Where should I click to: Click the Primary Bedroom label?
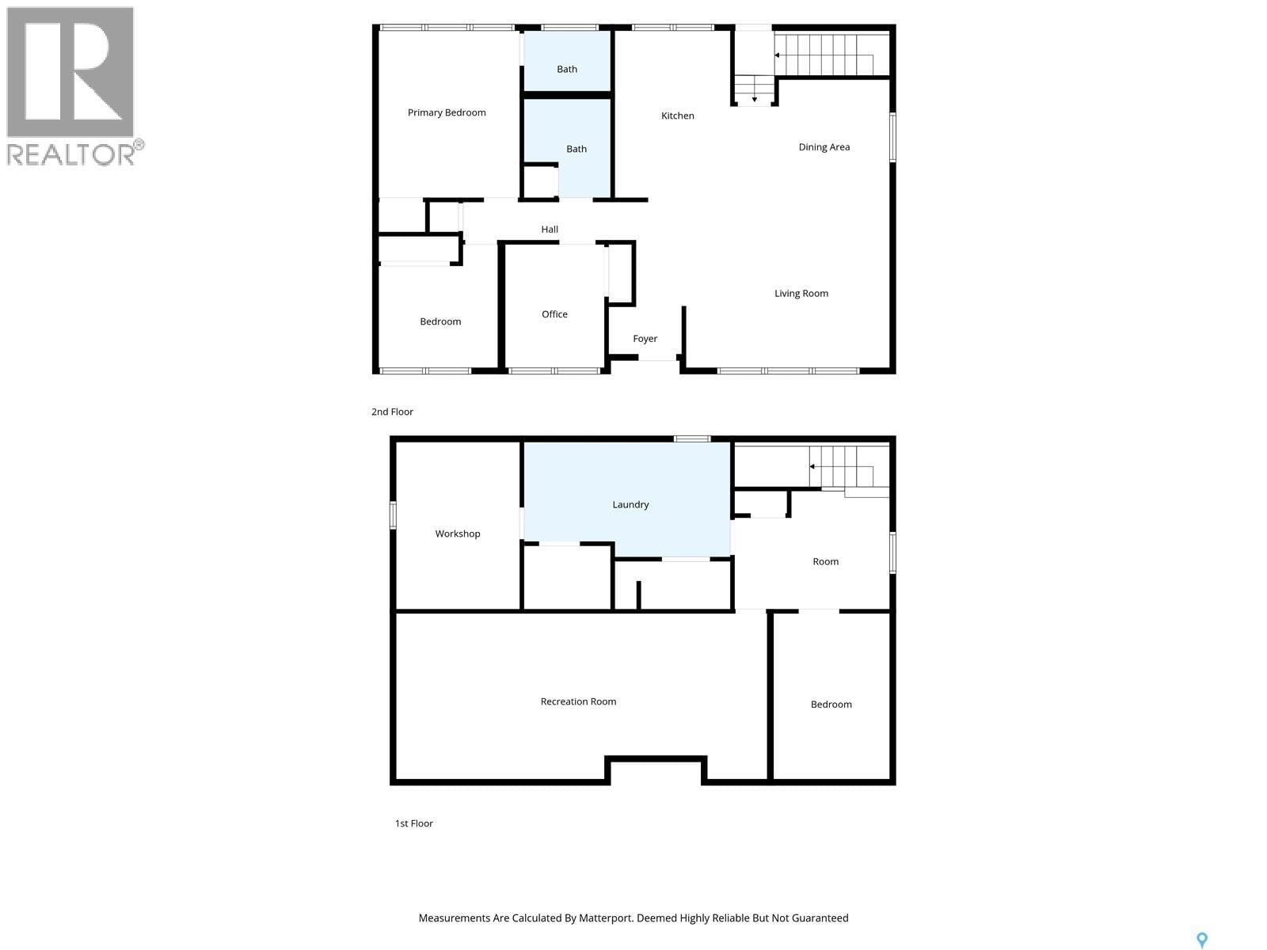(x=447, y=112)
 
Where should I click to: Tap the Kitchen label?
(x=678, y=116)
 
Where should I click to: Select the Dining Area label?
(x=824, y=146)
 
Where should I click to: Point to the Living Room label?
(x=801, y=293)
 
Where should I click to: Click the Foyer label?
(x=645, y=339)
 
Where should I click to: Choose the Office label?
(x=554, y=314)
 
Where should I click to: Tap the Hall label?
(x=550, y=230)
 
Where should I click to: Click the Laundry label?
(x=630, y=504)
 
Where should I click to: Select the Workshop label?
(x=458, y=534)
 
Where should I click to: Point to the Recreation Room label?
(x=578, y=701)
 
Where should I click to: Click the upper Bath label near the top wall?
(x=567, y=69)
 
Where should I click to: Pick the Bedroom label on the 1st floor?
(x=831, y=705)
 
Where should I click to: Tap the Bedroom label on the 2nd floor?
(x=440, y=321)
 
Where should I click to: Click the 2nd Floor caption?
(x=392, y=412)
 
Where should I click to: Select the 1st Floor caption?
(x=413, y=823)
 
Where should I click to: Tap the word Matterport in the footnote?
(x=606, y=918)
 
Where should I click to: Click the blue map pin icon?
(x=1201, y=940)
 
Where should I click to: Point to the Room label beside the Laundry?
(x=825, y=561)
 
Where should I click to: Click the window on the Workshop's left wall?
(x=393, y=515)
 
